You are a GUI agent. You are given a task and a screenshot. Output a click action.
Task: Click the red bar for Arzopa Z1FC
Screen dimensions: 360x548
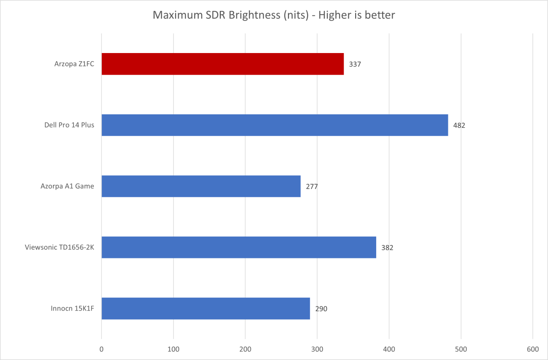(223, 64)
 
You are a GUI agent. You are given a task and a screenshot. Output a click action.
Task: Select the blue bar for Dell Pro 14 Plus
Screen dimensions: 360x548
(274, 125)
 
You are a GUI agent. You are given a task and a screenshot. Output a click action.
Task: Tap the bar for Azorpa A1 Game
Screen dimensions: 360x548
(201, 186)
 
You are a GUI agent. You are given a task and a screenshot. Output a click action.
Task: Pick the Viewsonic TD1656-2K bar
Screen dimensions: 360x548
(239, 247)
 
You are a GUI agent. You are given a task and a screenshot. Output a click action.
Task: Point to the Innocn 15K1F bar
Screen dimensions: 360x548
(206, 308)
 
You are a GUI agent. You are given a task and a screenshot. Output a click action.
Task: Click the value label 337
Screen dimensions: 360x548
(355, 64)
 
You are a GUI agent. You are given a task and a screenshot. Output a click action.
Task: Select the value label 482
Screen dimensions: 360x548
(459, 125)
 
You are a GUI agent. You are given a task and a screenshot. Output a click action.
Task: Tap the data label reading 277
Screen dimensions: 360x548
(312, 186)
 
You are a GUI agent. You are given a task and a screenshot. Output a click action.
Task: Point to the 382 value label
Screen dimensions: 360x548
(387, 247)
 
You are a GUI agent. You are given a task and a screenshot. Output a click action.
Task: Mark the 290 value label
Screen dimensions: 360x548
(321, 308)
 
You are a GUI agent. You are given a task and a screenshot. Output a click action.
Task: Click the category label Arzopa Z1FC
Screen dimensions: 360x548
(74, 64)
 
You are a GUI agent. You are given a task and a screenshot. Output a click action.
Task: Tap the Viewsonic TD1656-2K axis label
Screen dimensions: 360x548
(59, 247)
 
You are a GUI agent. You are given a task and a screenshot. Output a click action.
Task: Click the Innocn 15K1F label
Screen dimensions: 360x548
(73, 308)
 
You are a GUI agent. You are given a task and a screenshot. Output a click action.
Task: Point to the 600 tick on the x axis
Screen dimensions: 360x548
(533, 349)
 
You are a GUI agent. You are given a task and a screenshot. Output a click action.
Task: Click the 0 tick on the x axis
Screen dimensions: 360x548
(101, 349)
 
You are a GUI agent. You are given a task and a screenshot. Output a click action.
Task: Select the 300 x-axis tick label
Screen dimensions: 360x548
(317, 349)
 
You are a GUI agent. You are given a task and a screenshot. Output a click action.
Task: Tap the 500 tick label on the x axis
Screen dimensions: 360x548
(461, 349)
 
